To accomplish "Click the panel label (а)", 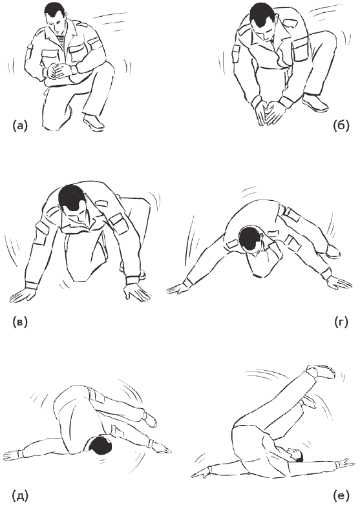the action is (20, 125).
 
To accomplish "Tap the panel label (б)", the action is (341, 125).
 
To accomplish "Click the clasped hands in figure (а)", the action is (59, 72).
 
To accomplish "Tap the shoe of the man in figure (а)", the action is (94, 121).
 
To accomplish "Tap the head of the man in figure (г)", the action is (251, 241).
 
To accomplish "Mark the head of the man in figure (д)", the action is (100, 444).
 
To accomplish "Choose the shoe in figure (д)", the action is (149, 420).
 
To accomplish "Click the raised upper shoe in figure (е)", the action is (321, 372).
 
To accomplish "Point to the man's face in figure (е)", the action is (294, 454).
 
